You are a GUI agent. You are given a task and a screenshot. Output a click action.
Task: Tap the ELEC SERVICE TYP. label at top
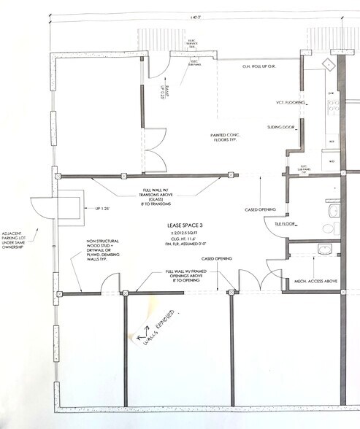(193, 45)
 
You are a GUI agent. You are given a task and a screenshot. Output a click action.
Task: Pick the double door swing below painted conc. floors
(154, 149)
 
